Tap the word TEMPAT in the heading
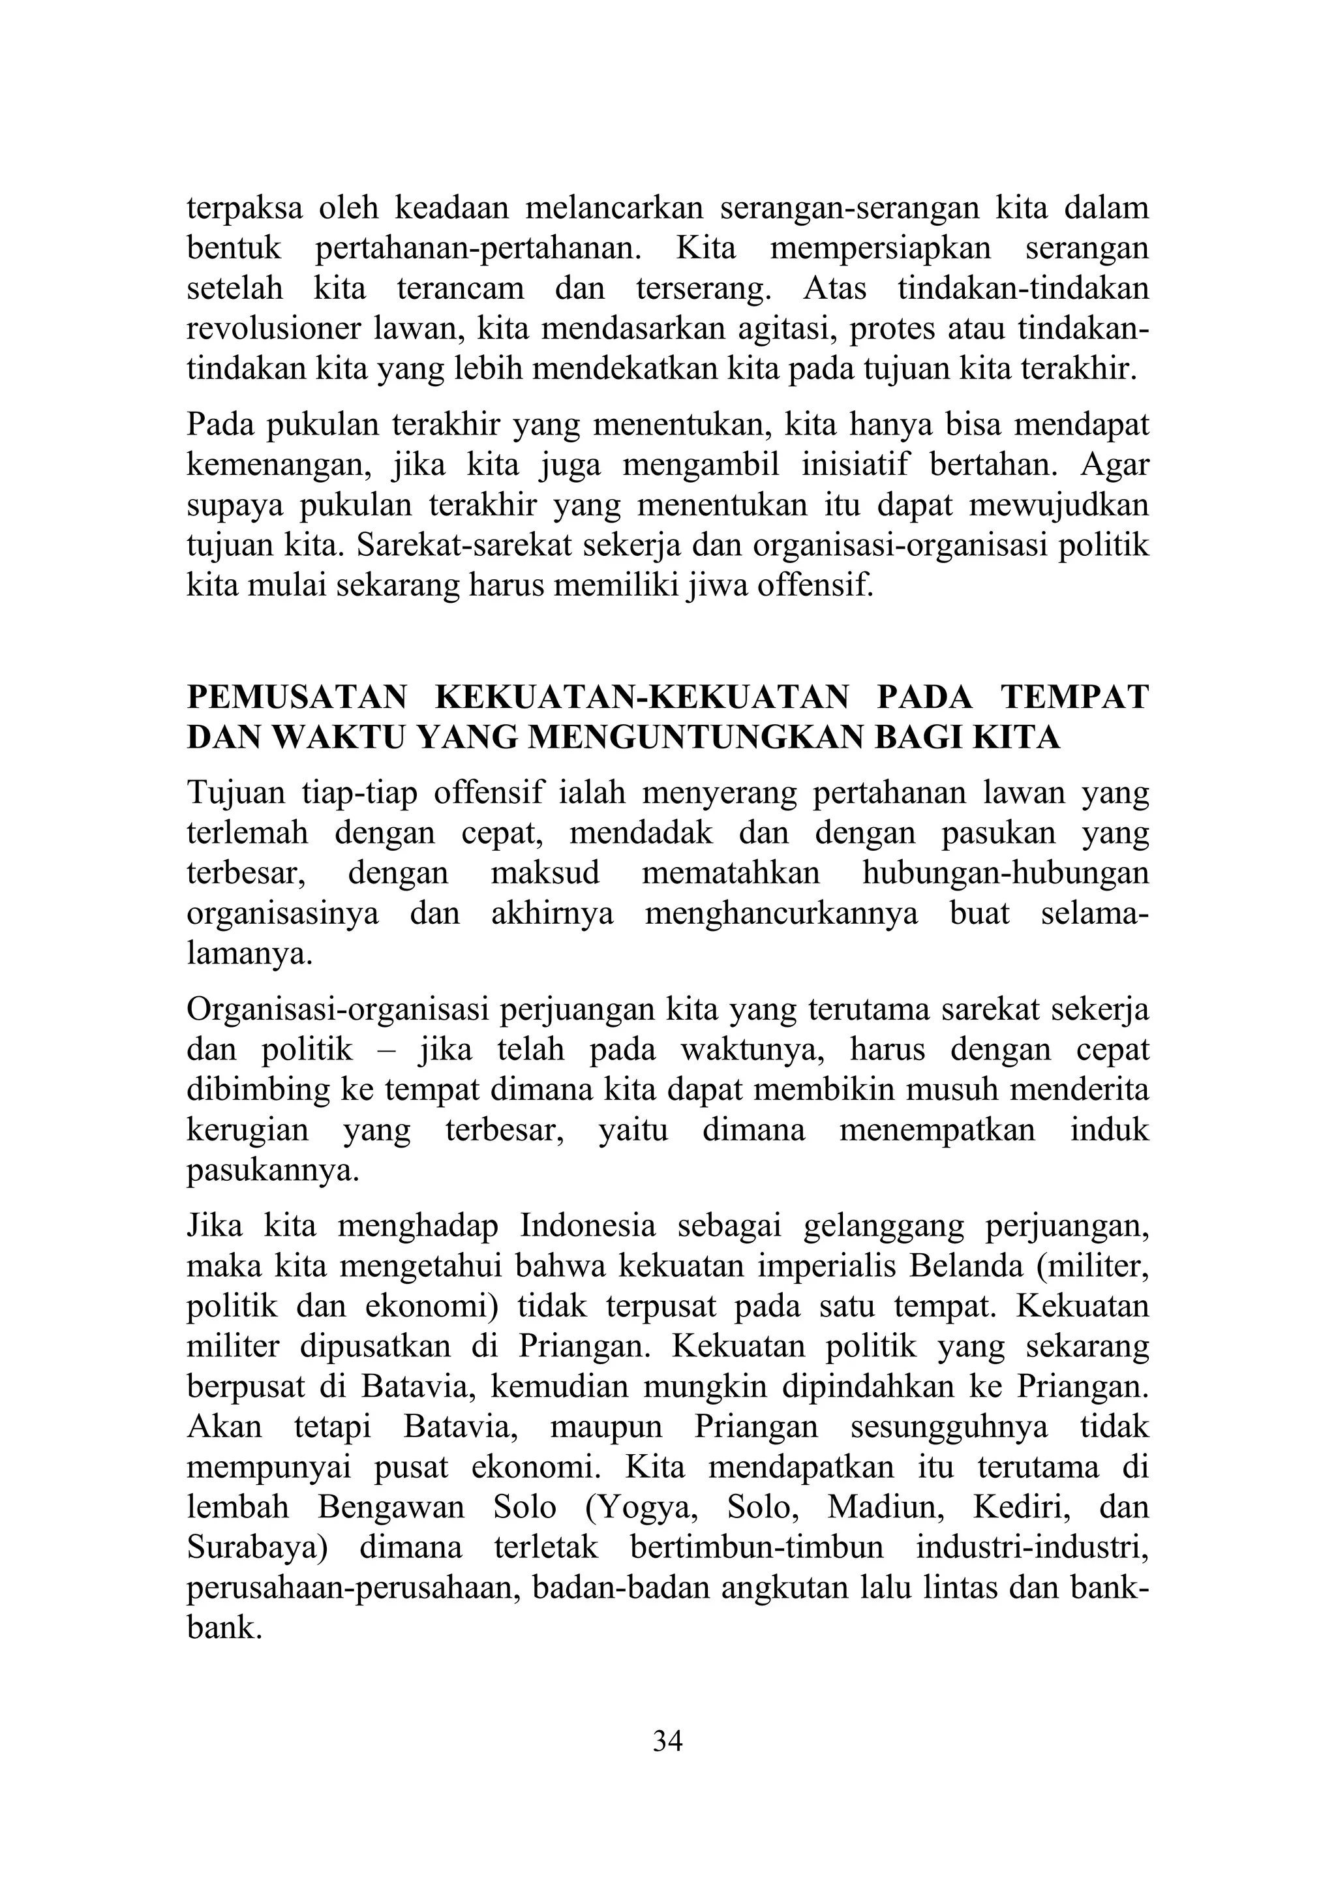[1074, 697]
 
